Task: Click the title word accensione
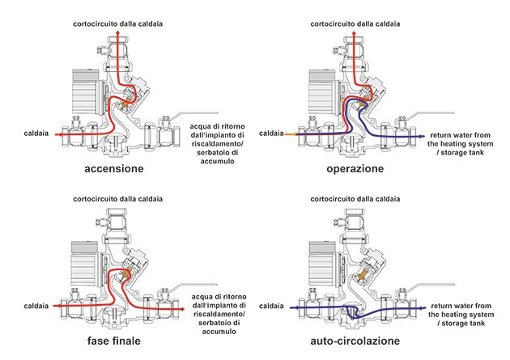pos(114,168)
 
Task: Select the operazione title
pos(355,169)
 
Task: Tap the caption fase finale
pos(114,341)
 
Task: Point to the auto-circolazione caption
pos(355,341)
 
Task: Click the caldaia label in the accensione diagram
pos(36,133)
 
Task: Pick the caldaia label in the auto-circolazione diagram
pos(271,306)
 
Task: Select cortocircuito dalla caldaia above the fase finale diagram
pos(117,199)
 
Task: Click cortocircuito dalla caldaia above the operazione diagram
pos(355,23)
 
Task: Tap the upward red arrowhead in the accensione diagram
pos(117,32)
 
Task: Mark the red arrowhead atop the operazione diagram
pos(355,32)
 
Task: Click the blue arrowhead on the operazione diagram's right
pos(423,137)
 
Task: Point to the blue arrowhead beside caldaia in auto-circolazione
pos(293,307)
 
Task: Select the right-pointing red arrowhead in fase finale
pos(182,309)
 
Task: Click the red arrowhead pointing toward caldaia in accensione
pos(57,134)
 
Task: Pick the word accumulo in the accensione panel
pos(217,161)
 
